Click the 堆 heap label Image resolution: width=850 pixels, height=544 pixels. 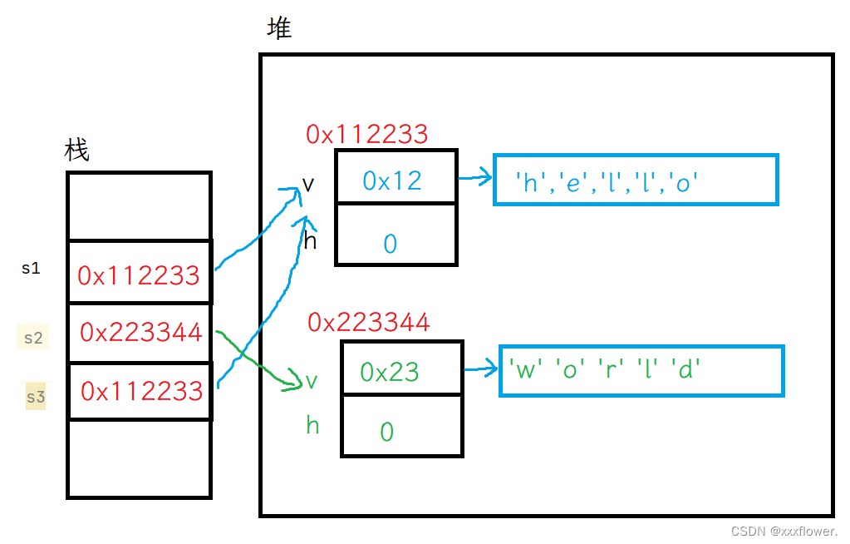[x=279, y=28]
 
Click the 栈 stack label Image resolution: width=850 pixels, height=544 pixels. [x=76, y=151]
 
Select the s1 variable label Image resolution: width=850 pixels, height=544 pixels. [x=31, y=269]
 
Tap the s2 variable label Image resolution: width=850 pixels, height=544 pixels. [x=33, y=338]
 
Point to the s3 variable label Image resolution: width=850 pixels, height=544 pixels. [x=36, y=397]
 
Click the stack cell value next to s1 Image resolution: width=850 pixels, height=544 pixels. [x=139, y=275]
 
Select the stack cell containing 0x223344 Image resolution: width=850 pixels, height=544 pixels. [x=140, y=333]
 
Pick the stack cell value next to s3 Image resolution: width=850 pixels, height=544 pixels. [x=141, y=390]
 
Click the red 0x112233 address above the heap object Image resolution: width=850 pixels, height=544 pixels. [x=366, y=134]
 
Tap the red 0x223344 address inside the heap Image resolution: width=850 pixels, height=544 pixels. [x=368, y=322]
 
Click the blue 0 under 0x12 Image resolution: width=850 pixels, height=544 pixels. [x=391, y=243]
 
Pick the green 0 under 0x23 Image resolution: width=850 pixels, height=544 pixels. [x=386, y=432]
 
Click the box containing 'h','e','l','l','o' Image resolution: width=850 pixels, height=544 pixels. [x=636, y=180]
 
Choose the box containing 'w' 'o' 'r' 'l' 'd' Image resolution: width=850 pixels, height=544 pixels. [x=641, y=371]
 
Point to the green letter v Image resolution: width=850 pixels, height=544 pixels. [x=312, y=381]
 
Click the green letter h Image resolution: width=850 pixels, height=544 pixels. [x=312, y=426]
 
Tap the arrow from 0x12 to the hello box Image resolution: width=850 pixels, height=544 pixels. [x=474, y=178]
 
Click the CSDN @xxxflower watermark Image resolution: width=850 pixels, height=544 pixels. [x=784, y=531]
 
